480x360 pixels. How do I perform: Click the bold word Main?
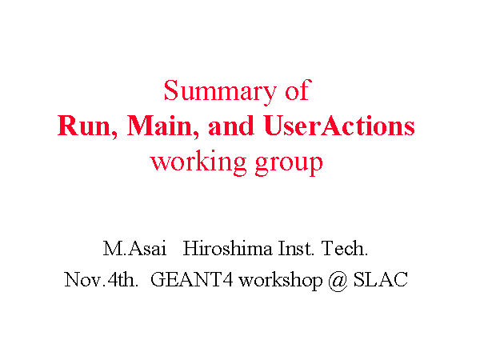click(163, 126)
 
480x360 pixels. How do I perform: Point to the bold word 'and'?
click(231, 126)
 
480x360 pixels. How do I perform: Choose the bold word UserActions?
click(339, 126)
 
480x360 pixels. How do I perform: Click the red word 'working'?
click(198, 162)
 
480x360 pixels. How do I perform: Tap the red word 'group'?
click(289, 164)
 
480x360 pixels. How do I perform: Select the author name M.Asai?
click(134, 248)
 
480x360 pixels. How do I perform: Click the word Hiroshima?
click(227, 248)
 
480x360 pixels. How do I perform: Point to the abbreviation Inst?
click(296, 248)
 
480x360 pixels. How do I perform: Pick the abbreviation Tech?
click(345, 248)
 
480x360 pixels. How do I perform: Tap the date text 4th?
click(123, 279)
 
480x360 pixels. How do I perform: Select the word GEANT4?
click(192, 279)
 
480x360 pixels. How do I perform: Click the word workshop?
click(281, 281)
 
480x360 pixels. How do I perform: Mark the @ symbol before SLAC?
click(338, 281)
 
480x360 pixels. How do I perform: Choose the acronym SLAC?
click(381, 279)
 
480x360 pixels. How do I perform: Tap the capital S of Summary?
click(171, 90)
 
